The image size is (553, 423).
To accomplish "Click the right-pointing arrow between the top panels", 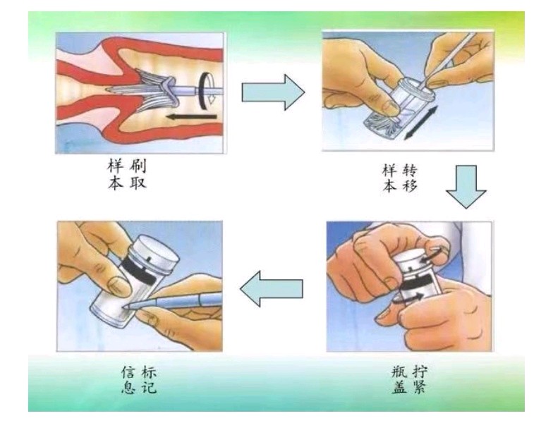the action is point(273,92).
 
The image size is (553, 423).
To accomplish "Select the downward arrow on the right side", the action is point(466,187).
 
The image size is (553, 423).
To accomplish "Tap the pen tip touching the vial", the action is point(126,307).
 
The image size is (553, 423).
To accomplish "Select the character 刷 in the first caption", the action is point(137,166).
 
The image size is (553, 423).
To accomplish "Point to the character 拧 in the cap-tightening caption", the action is point(419,372).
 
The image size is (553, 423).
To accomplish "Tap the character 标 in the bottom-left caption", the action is point(148,372).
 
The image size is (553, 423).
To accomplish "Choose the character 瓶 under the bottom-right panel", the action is point(399,372).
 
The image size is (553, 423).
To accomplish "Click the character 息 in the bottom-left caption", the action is point(128,388).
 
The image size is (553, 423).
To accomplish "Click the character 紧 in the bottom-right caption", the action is point(419,388).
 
